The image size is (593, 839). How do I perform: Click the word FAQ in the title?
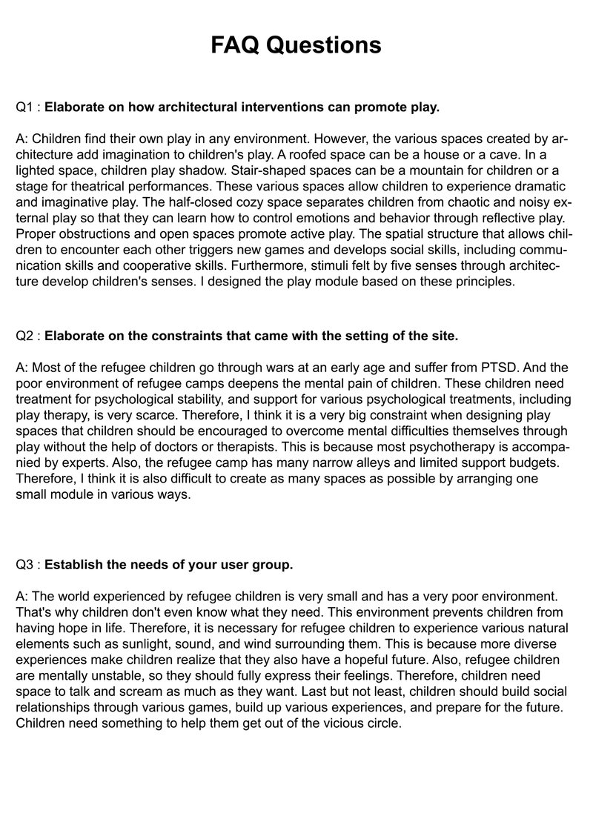(236, 45)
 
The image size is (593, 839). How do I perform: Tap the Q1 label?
(25, 107)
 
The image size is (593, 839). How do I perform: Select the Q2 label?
(25, 336)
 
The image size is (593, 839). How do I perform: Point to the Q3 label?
(25, 565)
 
